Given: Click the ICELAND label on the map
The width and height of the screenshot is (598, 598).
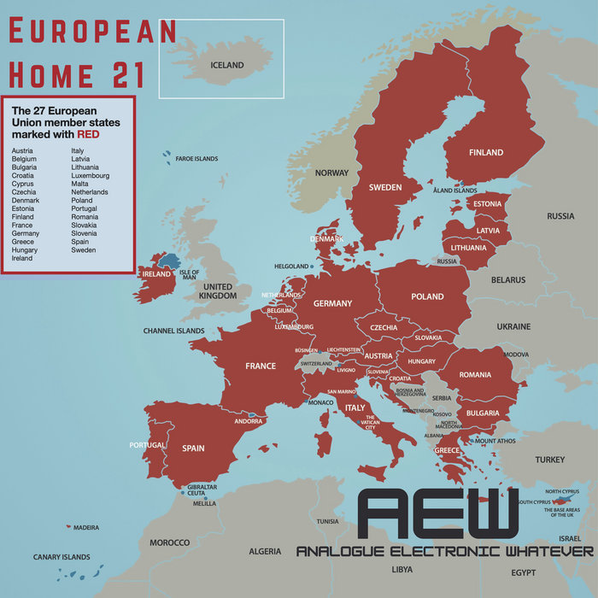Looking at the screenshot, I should (x=227, y=65).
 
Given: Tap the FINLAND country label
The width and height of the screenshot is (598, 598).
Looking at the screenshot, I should (x=485, y=153).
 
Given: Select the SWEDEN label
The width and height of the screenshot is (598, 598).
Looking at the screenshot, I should (x=385, y=187).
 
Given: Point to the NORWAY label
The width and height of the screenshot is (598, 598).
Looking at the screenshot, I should (x=331, y=173).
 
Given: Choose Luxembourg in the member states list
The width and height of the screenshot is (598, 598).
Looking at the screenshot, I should (x=91, y=176).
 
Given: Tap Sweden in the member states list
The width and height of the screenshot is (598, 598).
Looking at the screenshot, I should (x=84, y=250).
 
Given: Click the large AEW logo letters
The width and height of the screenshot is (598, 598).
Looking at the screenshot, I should (x=437, y=514).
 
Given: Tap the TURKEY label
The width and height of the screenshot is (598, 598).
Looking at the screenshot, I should (x=549, y=460).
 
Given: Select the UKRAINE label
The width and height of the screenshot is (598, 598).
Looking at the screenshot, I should (x=513, y=326).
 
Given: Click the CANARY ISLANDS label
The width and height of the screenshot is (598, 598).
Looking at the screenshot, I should (x=62, y=557).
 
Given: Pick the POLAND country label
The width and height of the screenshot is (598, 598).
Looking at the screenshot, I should (x=427, y=296).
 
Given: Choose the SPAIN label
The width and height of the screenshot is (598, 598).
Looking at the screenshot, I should (x=193, y=448).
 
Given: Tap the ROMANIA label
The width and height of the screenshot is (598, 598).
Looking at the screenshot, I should (x=475, y=375).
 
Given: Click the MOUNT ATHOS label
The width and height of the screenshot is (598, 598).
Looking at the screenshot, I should (x=495, y=441).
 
